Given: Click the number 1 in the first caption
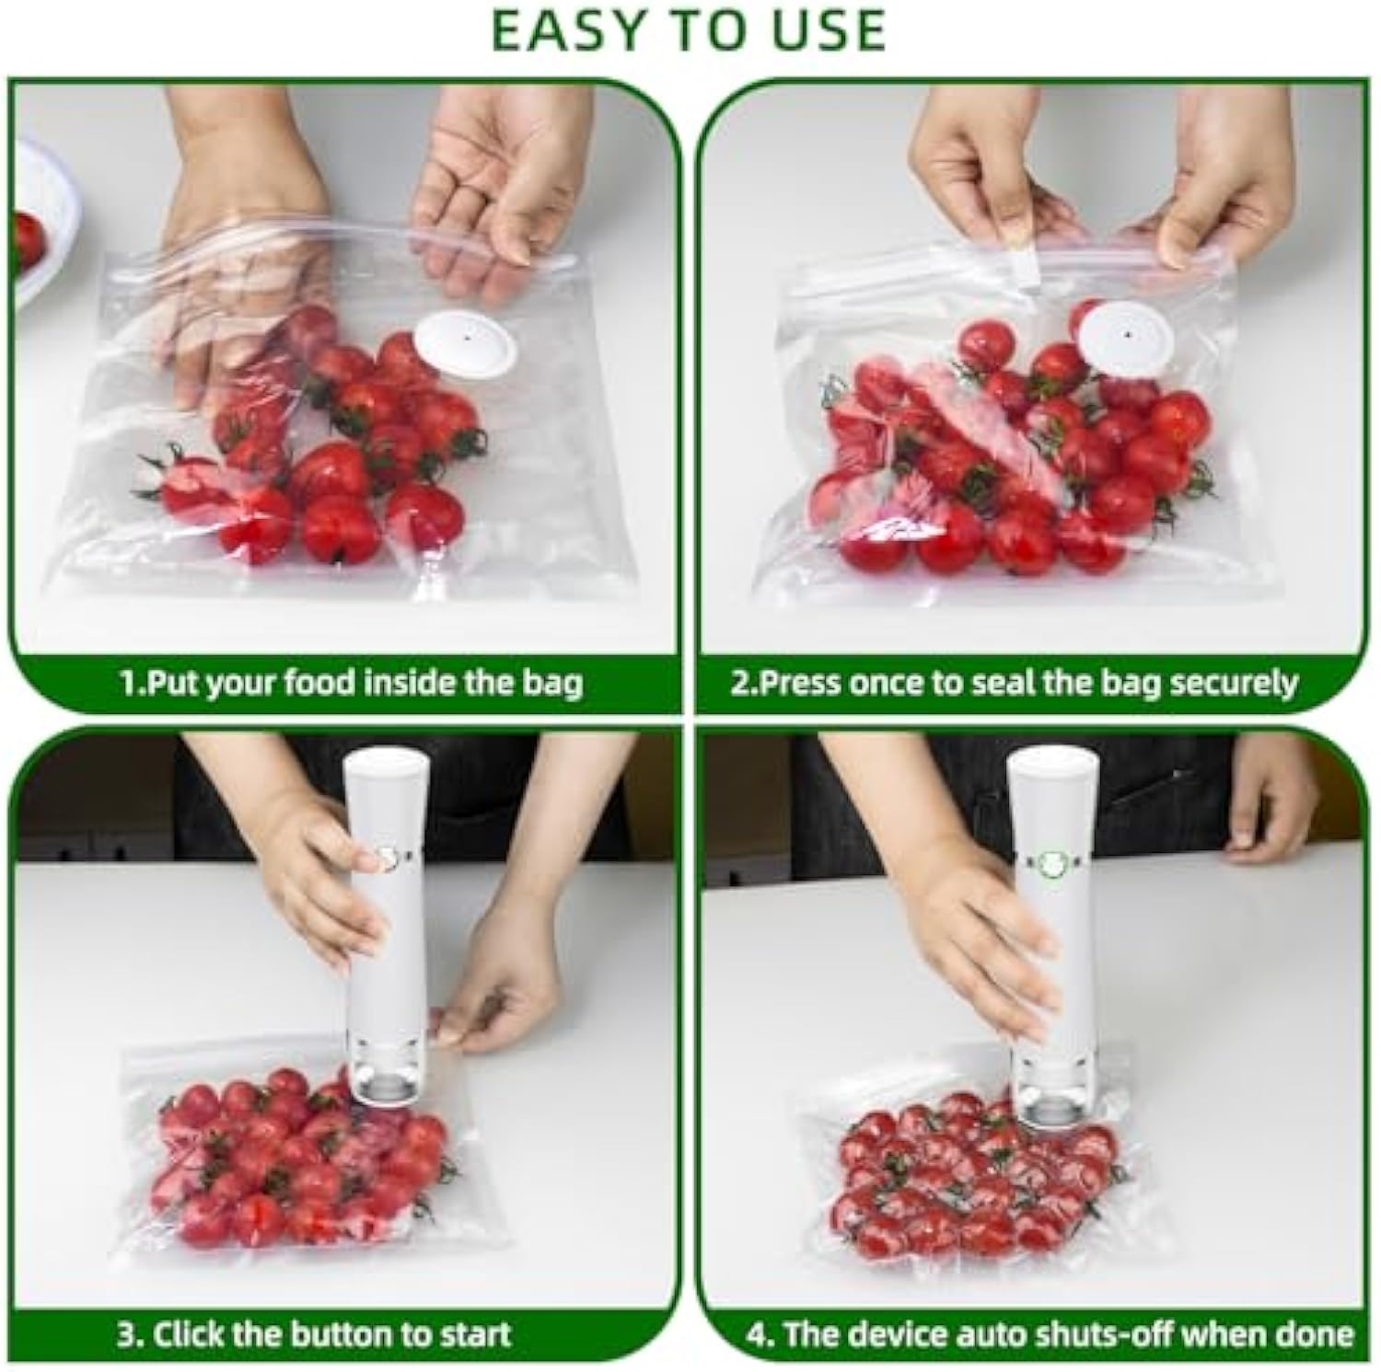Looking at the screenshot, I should pos(127,683).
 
